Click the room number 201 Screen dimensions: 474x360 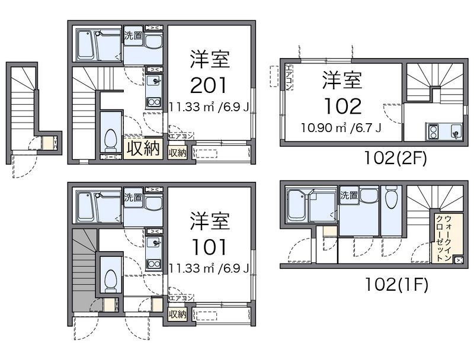pyautogui.click(x=209, y=85)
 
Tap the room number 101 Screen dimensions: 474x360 pyautogui.click(x=209, y=247)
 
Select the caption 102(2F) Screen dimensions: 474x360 pyautogui.click(x=396, y=157)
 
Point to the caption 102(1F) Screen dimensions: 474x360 pyautogui.click(x=396, y=284)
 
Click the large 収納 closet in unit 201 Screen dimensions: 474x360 pyautogui.click(x=143, y=148)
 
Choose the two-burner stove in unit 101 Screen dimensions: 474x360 pyautogui.click(x=154, y=264)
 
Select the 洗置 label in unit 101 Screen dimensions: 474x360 pyautogui.click(x=133, y=197)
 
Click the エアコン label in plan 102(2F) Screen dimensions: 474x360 pyautogui.click(x=289, y=77)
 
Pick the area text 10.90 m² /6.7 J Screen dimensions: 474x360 pyautogui.click(x=341, y=128)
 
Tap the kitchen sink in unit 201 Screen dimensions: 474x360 pyautogui.click(x=154, y=82)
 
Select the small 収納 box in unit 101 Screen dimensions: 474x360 pyautogui.click(x=177, y=314)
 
